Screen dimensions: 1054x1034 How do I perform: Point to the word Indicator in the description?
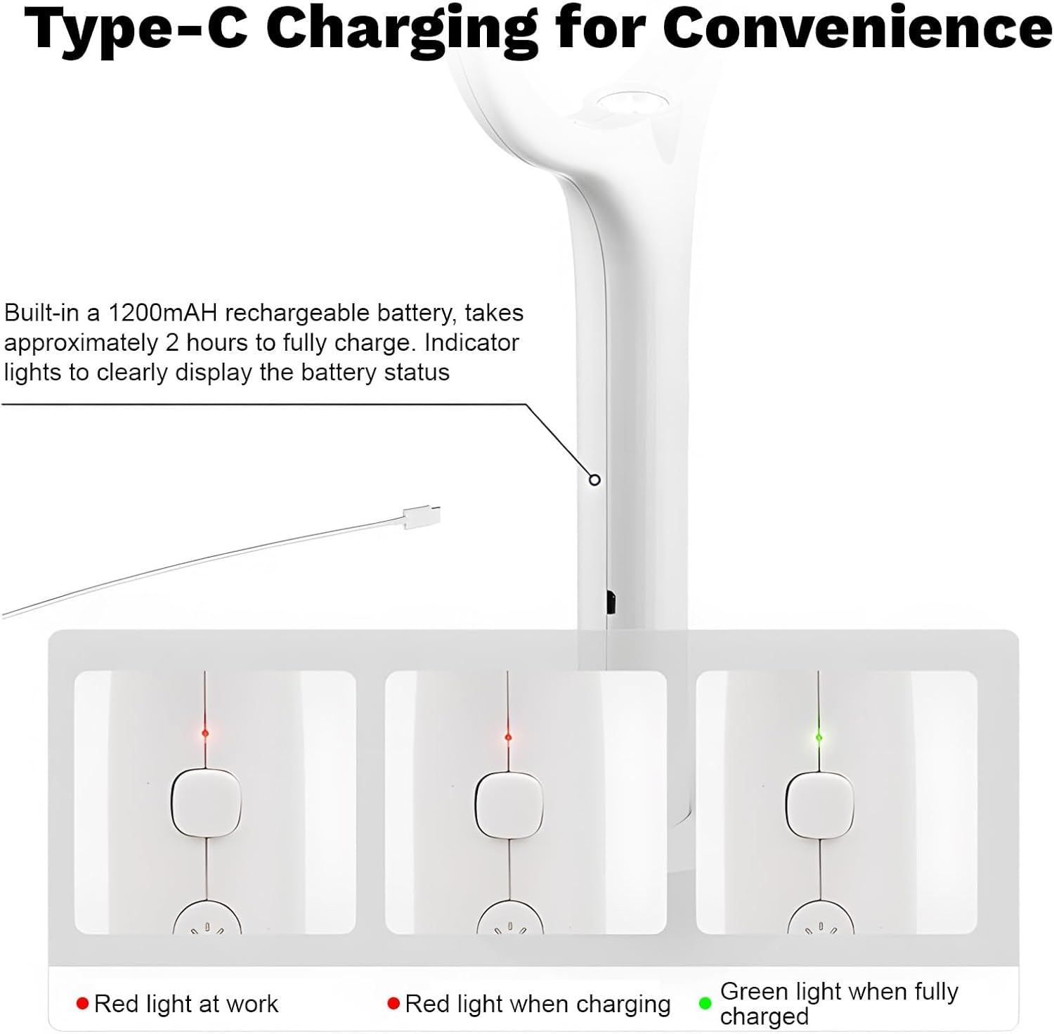coord(471,342)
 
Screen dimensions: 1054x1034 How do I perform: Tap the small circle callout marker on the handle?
coord(595,479)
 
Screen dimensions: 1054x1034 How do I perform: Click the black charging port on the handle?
coord(610,602)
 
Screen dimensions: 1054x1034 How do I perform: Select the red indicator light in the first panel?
coord(205,733)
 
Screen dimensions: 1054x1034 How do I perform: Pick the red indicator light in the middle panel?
coord(508,737)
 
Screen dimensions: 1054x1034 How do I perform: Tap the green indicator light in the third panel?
coord(819,737)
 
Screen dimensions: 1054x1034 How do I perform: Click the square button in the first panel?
coord(207,803)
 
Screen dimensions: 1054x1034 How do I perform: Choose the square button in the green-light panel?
coord(819,805)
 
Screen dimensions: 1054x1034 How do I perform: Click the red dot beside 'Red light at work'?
coord(82,1003)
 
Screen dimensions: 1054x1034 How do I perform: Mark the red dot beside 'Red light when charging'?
coord(393,1003)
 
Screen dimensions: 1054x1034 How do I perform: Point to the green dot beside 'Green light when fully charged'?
coord(705,1003)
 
